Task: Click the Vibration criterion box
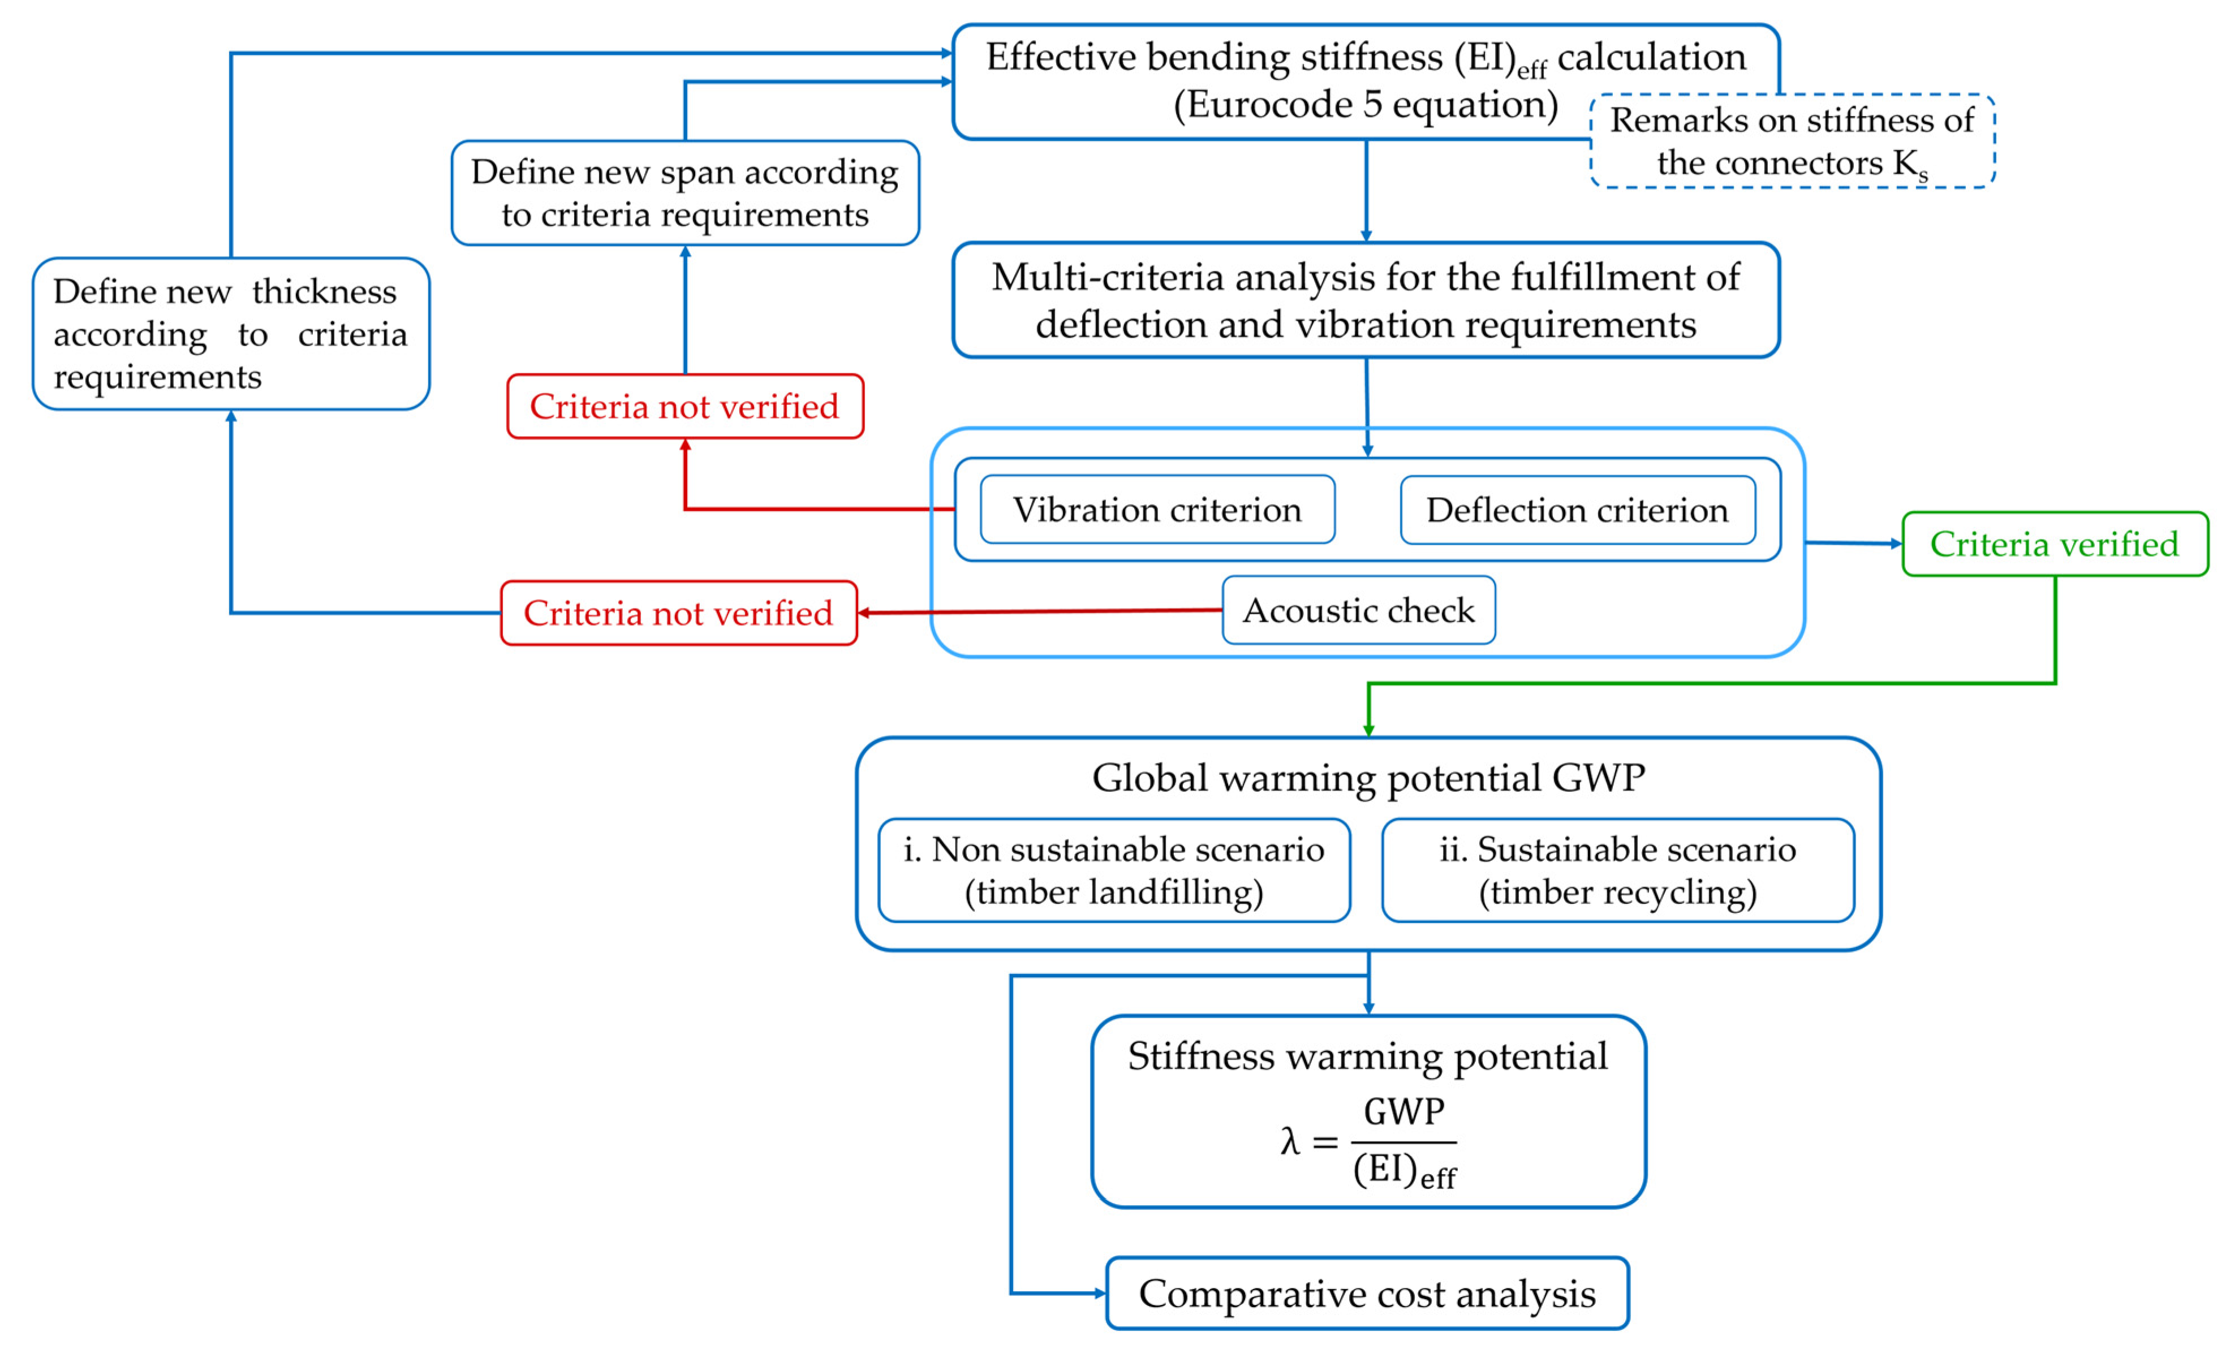(x=1157, y=510)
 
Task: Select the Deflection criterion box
(x=1578, y=510)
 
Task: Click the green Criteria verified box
(x=2055, y=544)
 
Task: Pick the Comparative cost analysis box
(x=1367, y=1293)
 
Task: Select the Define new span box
(x=685, y=193)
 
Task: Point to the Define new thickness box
(x=231, y=334)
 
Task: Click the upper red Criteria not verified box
(x=685, y=406)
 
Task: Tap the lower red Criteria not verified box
(x=679, y=613)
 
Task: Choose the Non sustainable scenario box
(x=1114, y=869)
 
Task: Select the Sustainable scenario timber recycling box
(x=1617, y=869)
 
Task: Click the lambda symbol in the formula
(x=1289, y=1141)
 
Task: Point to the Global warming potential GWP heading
(x=1368, y=778)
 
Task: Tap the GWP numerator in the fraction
(x=1404, y=1111)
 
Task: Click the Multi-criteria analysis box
(x=1366, y=300)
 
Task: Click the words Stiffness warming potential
(x=1368, y=1056)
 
